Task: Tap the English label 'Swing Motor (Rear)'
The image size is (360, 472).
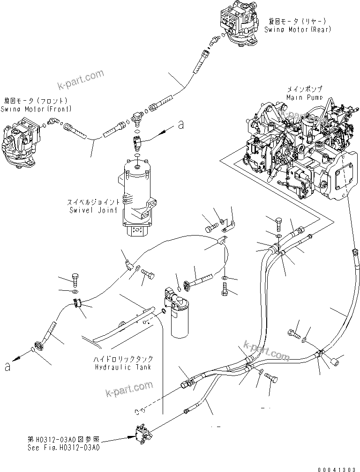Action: [297, 29]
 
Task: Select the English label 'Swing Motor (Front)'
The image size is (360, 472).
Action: [36, 109]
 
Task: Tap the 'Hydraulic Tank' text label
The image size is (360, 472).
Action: [123, 368]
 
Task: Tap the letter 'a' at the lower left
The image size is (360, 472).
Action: [7, 366]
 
